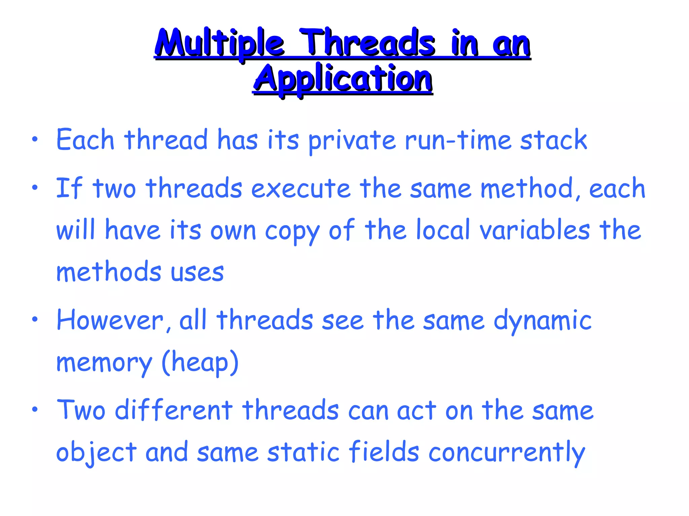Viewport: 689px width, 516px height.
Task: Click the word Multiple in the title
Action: (220, 44)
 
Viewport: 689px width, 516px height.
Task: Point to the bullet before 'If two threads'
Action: (35, 188)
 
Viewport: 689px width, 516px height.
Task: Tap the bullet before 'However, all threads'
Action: (35, 319)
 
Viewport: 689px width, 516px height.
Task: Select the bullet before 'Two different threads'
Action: (35, 410)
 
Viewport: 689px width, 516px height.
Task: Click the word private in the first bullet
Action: (352, 140)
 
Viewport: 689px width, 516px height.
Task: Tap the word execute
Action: (301, 188)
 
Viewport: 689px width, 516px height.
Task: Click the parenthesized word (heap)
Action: (200, 363)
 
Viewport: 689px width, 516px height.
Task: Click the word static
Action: (303, 452)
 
